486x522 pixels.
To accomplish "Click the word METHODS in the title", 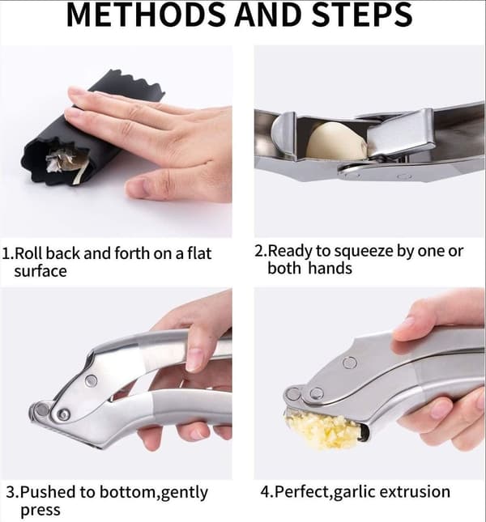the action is click(147, 15).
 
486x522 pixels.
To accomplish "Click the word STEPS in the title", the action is click(363, 15).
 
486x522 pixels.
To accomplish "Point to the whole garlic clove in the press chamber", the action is click(336, 140).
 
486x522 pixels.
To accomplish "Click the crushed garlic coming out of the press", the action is click(322, 430).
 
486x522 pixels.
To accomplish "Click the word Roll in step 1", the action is click(29, 253).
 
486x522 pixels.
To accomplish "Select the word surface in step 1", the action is click(40, 271).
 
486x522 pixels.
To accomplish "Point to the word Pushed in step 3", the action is click(49, 492).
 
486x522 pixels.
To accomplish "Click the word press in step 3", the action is click(40, 511).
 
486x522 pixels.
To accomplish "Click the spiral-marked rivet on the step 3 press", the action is click(63, 415).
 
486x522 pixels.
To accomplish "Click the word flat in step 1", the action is click(199, 253).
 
